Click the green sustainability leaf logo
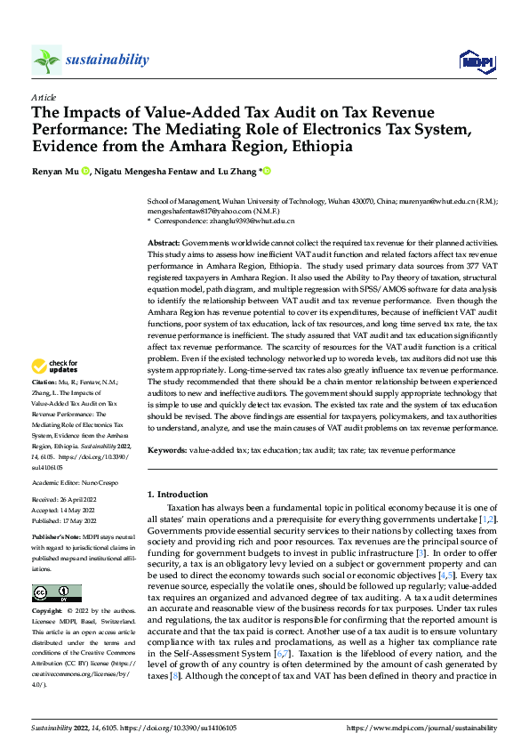pyautogui.click(x=46, y=60)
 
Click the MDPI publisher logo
pyautogui.click(x=476, y=60)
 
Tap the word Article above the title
pyautogui.click(x=44, y=97)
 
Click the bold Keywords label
pyautogui.click(x=166, y=451)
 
